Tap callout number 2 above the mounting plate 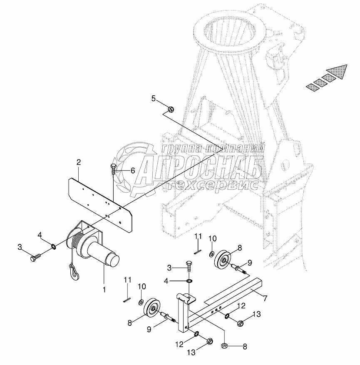point(78,163)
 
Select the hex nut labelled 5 point(171,109)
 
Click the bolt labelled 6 point(114,168)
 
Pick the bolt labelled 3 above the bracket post point(188,268)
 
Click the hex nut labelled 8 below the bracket point(224,345)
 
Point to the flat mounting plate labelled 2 point(100,199)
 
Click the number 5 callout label point(154,99)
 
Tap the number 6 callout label point(133,170)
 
